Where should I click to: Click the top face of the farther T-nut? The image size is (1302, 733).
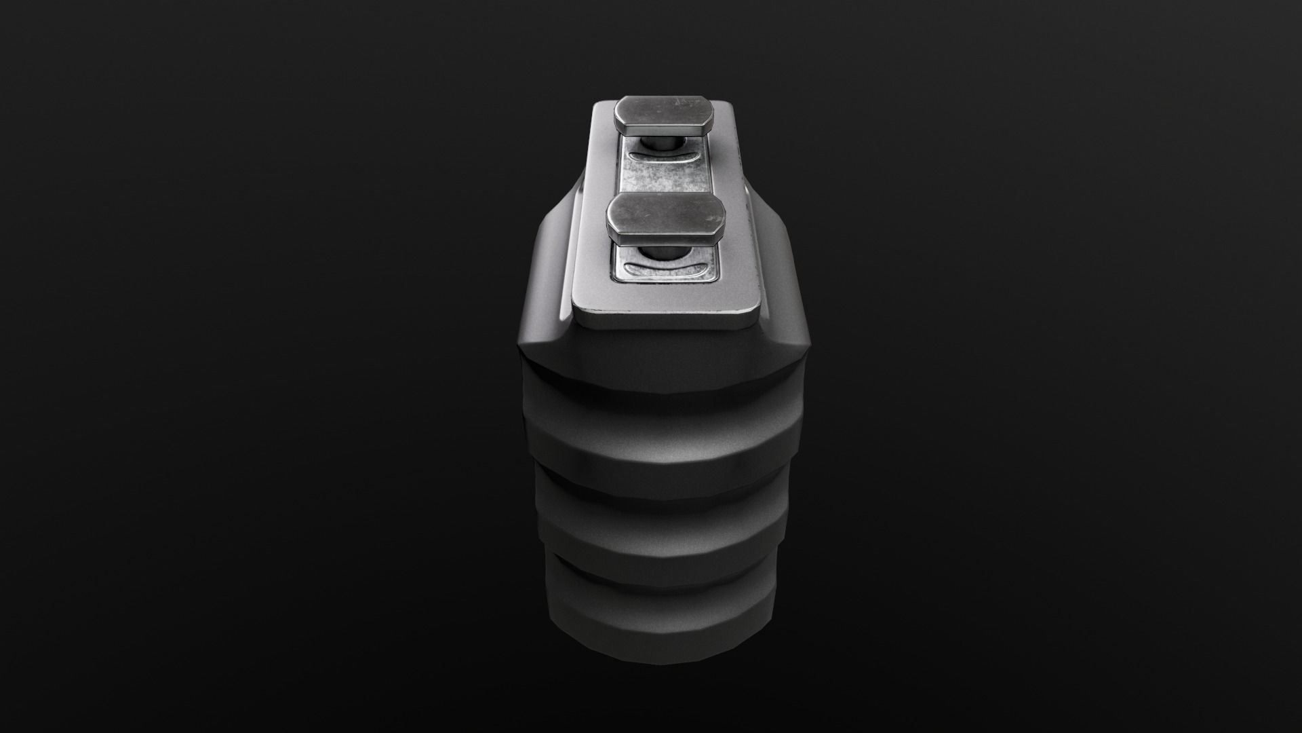(x=665, y=113)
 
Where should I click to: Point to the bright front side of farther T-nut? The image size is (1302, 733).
(x=665, y=127)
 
